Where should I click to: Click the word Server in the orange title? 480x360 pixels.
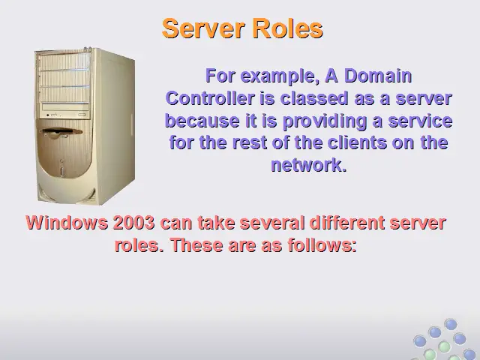[x=203, y=28]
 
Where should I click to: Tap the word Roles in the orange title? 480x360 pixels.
[x=288, y=28]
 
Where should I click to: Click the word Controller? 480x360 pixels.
[x=210, y=98]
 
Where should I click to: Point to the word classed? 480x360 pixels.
[x=314, y=98]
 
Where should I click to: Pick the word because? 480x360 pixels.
[x=202, y=121]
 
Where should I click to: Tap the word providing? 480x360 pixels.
[x=325, y=121]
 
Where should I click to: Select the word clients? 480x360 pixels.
[x=357, y=142]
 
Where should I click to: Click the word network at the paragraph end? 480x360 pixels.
[x=307, y=165]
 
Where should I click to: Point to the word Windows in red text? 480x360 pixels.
[x=67, y=222]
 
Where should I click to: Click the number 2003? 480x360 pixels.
[x=133, y=222]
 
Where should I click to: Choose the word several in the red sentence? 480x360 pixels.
[x=272, y=222]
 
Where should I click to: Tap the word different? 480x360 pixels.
[x=347, y=222]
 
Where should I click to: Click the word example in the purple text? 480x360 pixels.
[x=278, y=76]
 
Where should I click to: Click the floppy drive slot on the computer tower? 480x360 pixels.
[x=61, y=131]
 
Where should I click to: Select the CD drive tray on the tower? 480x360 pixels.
[x=65, y=106]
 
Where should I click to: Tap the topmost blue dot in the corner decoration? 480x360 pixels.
[x=451, y=324]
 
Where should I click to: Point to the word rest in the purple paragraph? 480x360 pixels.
[x=250, y=142]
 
